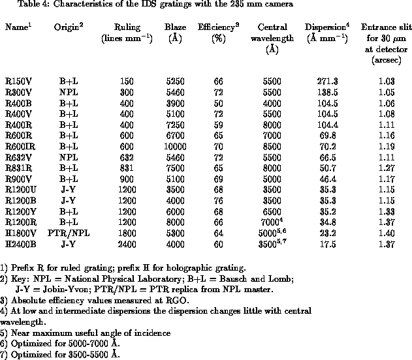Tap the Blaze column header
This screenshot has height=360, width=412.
174,28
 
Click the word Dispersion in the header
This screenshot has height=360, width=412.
320,28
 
